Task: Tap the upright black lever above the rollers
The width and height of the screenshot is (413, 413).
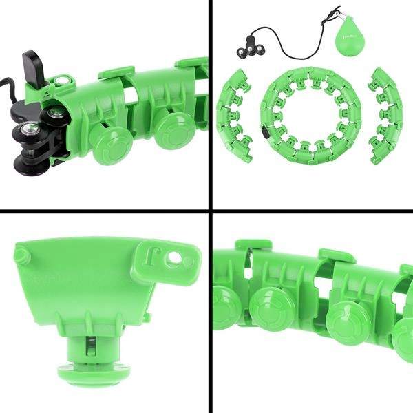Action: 32,66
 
